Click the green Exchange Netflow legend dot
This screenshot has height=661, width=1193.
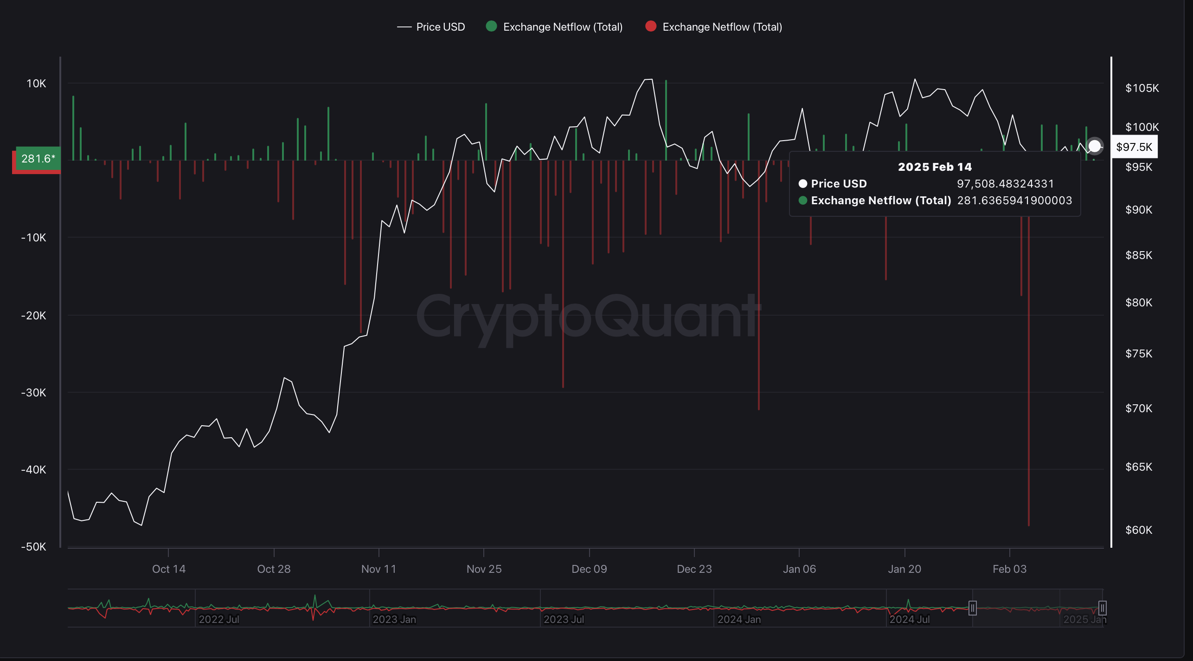[x=491, y=26]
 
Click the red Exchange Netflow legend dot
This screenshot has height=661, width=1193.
[x=651, y=26]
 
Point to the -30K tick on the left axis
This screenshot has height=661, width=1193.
[x=34, y=393]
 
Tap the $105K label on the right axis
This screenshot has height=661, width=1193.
[x=1142, y=88]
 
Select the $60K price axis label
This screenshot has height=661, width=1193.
[x=1138, y=530]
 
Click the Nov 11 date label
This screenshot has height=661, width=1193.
[x=378, y=569]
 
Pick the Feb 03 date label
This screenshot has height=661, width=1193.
[x=1009, y=569]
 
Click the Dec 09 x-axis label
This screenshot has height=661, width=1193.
[x=589, y=569]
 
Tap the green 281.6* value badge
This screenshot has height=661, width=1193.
[x=38, y=159]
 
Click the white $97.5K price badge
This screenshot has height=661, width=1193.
[x=1134, y=147]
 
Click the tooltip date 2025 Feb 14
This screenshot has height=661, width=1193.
[x=935, y=167]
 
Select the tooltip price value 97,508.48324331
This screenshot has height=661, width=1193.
[x=1005, y=184]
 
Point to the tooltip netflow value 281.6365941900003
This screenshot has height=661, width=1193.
[x=1014, y=201]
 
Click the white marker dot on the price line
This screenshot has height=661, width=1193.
[x=1095, y=146]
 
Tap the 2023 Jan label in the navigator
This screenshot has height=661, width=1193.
[x=394, y=619]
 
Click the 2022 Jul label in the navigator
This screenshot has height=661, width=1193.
[x=219, y=619]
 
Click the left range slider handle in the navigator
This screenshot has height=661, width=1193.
[x=973, y=608]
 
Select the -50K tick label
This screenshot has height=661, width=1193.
[x=34, y=547]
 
